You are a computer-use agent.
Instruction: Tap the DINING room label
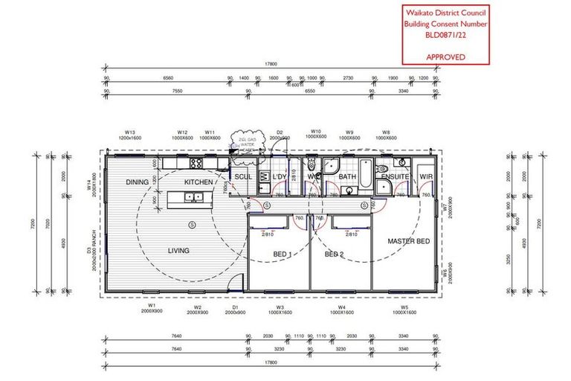coord(137,182)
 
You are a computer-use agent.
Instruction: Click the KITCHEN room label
coord(199,182)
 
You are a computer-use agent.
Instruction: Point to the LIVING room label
coord(178,252)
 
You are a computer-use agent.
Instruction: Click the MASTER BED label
coord(408,242)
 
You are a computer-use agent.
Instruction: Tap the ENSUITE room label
coord(395,176)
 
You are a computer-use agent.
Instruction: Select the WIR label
coord(426,176)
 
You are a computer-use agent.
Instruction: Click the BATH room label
coord(348,177)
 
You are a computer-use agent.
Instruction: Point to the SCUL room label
coord(243,176)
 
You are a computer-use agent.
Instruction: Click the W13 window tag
coord(130,132)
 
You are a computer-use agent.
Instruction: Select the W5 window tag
coord(404,306)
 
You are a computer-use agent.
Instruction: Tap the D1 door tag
coord(234,306)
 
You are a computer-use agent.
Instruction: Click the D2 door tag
coord(280,132)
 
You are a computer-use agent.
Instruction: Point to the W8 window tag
coord(385,132)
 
